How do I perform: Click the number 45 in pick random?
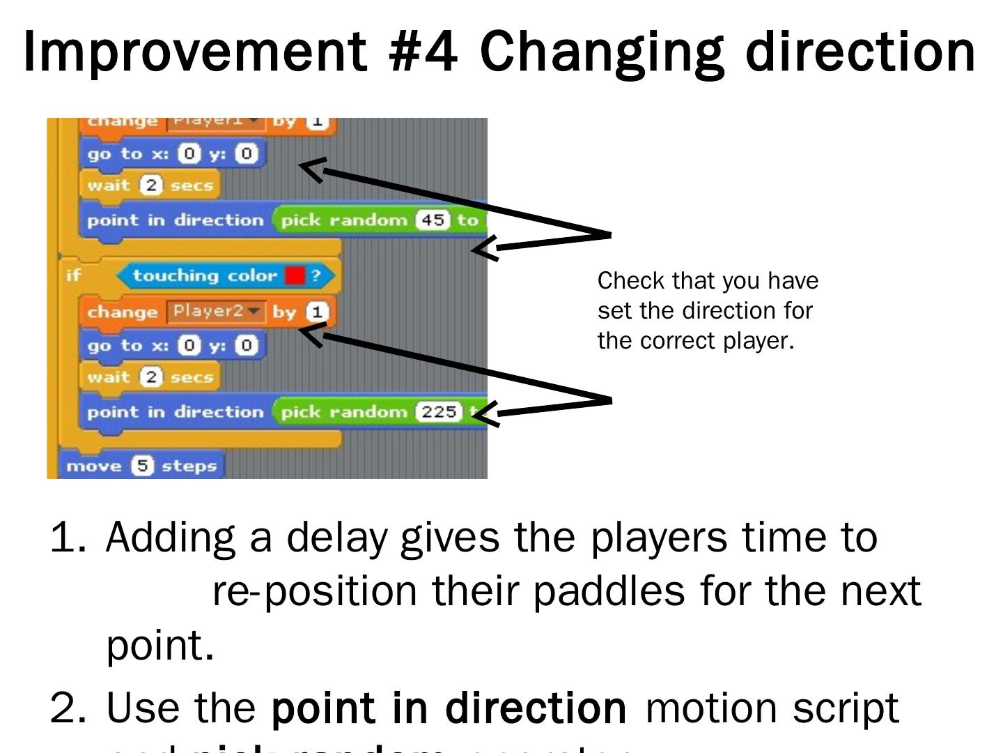[x=433, y=220]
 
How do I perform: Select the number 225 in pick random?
[x=439, y=412]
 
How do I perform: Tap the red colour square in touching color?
[x=295, y=275]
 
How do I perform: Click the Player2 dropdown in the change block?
[x=215, y=311]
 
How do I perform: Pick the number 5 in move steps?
[x=143, y=466]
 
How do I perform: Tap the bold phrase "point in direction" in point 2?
[x=449, y=708]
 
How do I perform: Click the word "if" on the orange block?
[x=73, y=275]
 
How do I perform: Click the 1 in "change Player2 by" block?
[x=317, y=312]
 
